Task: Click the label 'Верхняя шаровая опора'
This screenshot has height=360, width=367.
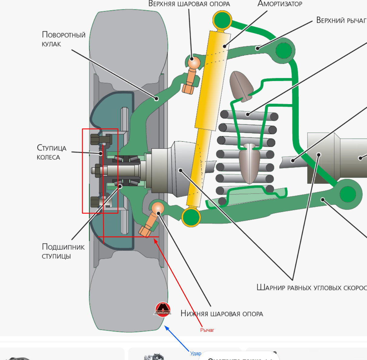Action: click(x=189, y=4)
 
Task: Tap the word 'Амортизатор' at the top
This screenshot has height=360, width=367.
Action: click(x=280, y=4)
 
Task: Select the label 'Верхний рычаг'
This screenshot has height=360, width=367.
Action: click(x=341, y=20)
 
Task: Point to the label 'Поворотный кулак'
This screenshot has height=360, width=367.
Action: click(x=63, y=39)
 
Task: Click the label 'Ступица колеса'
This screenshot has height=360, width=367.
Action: click(x=51, y=152)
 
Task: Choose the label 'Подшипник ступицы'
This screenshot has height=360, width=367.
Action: click(x=63, y=251)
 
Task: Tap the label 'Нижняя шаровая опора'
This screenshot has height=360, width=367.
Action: click(x=222, y=314)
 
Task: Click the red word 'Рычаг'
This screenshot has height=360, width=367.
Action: click(x=207, y=330)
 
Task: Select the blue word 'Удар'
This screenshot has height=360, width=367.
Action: click(x=195, y=353)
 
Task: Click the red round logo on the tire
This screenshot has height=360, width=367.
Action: click(x=162, y=309)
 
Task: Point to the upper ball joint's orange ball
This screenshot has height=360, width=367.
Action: click(x=194, y=63)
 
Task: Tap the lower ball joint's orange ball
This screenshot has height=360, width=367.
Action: click(x=158, y=208)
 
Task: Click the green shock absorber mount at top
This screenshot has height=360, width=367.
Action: click(x=222, y=20)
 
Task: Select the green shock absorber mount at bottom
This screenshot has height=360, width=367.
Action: click(x=191, y=217)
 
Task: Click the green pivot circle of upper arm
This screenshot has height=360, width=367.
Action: click(x=284, y=51)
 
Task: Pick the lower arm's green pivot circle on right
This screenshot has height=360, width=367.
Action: click(x=348, y=194)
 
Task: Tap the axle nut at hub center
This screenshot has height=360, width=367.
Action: click(x=96, y=170)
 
